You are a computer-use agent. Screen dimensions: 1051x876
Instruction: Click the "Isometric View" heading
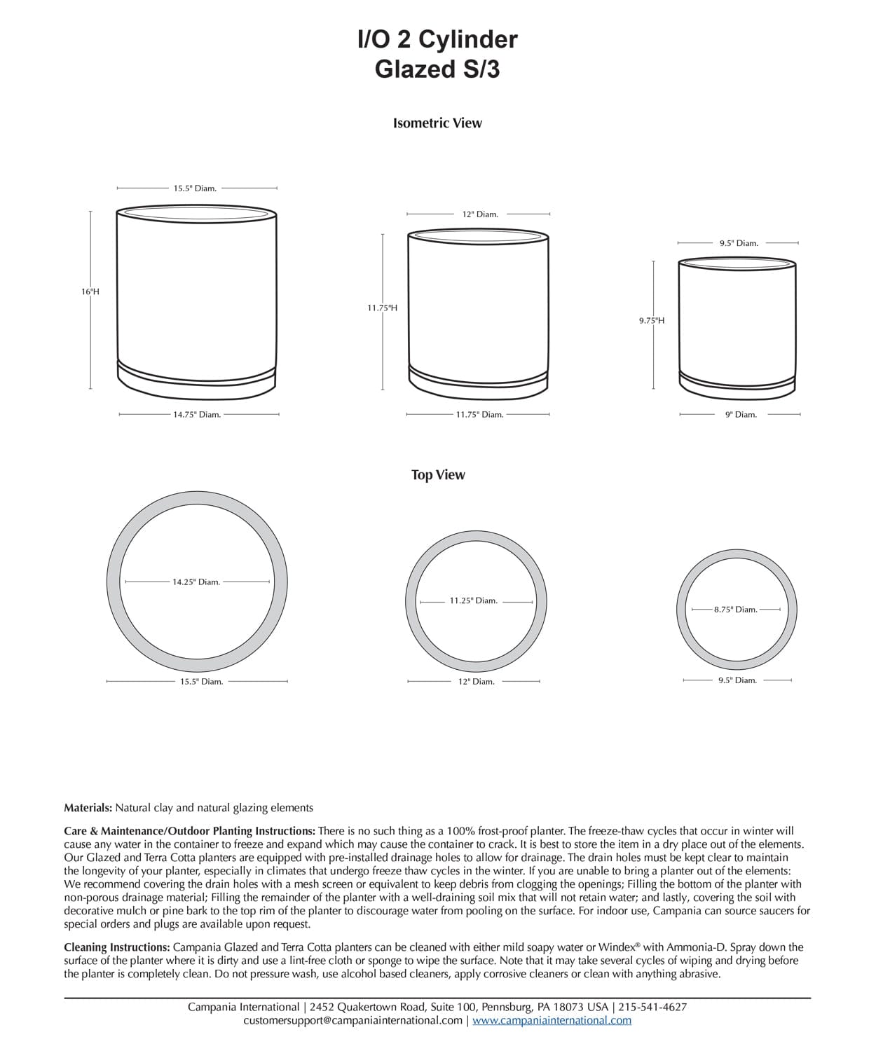coord(437,123)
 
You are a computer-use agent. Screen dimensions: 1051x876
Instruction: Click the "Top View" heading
coord(438,475)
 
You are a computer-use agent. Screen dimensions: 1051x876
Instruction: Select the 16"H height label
coord(90,291)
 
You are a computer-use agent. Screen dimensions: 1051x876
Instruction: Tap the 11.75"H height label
coord(383,308)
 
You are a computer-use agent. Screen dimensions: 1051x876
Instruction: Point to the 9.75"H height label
coord(652,320)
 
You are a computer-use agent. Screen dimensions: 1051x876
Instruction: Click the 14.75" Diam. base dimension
coord(197,415)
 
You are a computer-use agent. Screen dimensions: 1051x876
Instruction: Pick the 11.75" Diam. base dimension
coord(480,415)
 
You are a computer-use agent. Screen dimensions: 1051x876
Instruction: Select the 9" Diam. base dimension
coord(741,415)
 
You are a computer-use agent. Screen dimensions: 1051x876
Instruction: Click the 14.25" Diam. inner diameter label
coord(196,582)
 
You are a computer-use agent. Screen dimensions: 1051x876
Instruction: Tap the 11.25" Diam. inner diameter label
coord(474,600)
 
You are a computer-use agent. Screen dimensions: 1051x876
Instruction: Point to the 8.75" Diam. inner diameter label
coord(736,610)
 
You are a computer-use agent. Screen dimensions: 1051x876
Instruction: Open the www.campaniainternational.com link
coord(552,1020)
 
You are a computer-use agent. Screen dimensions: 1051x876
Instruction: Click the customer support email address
coord(353,1020)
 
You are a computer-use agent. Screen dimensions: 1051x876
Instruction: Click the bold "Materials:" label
coord(88,808)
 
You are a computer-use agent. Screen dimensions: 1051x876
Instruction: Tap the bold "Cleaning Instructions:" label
coord(117,947)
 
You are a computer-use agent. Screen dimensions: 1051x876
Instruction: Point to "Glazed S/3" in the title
coord(437,69)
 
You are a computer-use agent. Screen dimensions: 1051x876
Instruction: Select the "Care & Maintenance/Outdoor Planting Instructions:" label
coord(189,831)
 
